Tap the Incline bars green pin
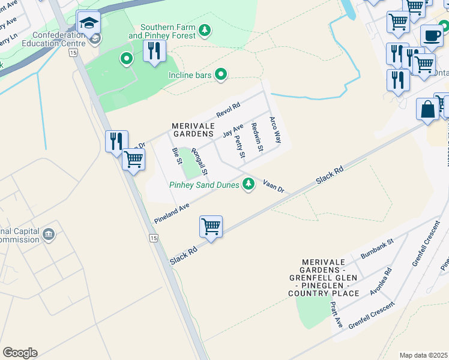click(221, 75)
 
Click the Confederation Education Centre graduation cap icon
click(88, 24)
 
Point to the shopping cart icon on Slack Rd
click(211, 227)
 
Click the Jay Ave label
click(232, 130)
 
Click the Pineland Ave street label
click(172, 211)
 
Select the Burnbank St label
click(376, 249)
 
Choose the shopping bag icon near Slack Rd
click(427, 110)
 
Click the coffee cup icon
click(431, 35)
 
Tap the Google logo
click(20, 353)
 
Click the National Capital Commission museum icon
click(49, 233)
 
